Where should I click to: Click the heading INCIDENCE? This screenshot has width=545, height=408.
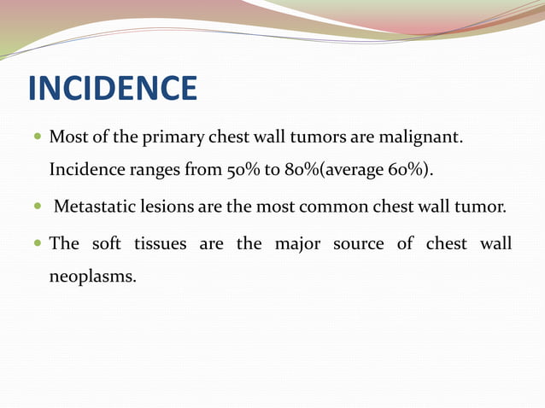click(113, 89)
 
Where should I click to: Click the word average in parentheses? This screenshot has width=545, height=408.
click(355, 170)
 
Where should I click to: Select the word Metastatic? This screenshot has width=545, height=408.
click(92, 207)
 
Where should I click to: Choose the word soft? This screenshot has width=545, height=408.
click(107, 244)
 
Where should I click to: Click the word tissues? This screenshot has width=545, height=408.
click(160, 244)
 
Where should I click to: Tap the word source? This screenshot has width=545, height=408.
click(359, 244)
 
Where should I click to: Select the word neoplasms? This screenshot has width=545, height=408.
click(92, 277)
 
